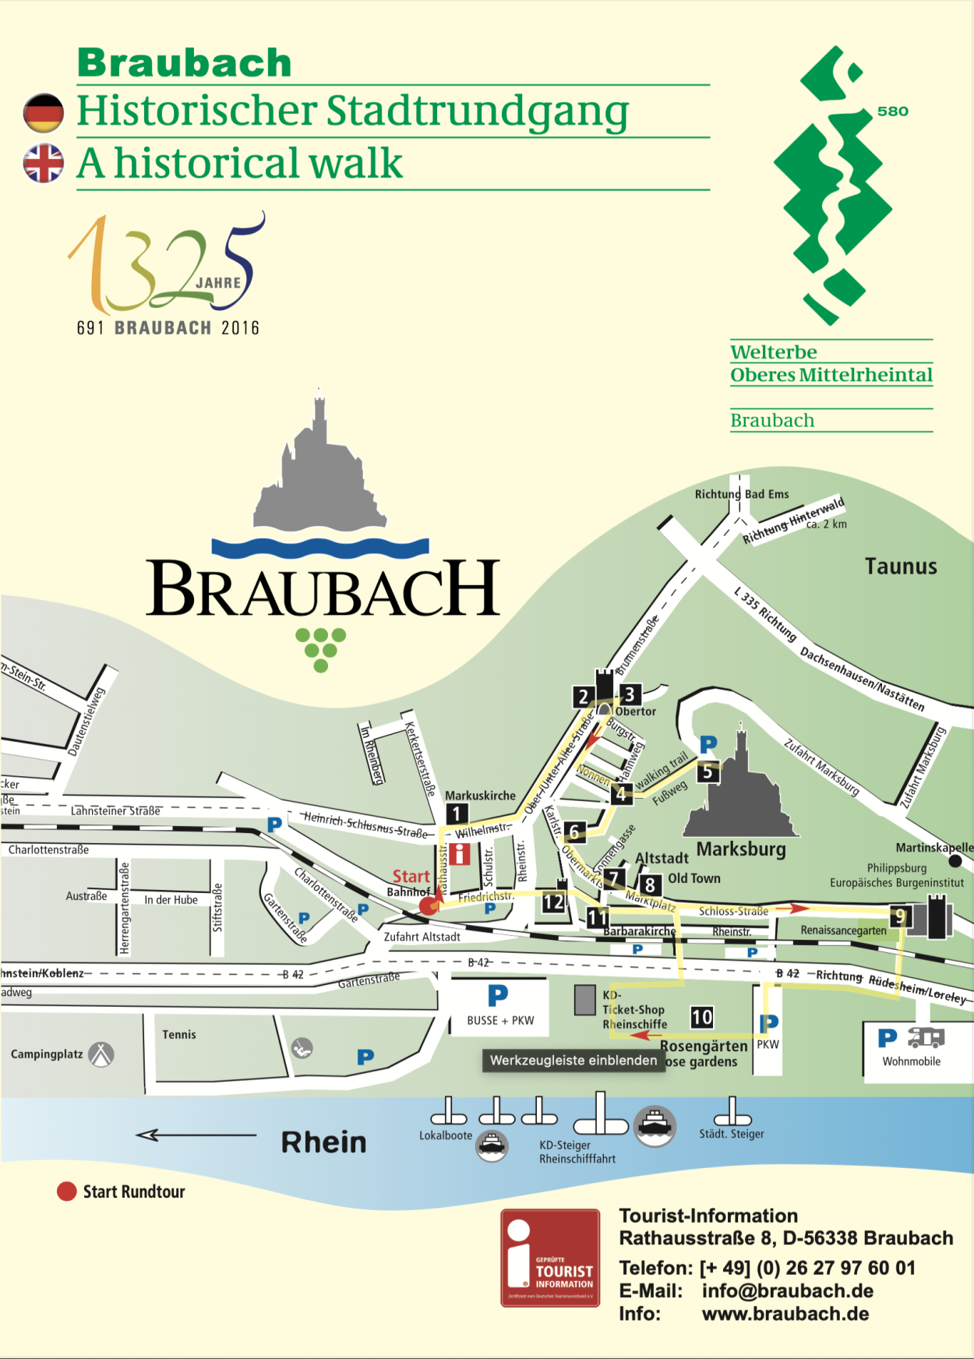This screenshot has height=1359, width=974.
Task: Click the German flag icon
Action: [44, 113]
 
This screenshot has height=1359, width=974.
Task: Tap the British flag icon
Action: [44, 164]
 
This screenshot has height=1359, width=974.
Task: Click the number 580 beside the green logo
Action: [892, 111]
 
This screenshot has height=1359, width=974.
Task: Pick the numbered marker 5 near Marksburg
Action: [708, 771]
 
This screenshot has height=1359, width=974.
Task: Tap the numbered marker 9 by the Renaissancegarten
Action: [900, 916]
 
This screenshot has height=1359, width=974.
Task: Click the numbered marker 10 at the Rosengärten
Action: [701, 1017]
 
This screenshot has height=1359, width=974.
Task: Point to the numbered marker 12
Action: [553, 902]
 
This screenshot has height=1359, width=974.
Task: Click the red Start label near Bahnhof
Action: [411, 877]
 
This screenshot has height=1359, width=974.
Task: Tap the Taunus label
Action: [901, 567]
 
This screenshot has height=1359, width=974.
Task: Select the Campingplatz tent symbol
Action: [101, 1054]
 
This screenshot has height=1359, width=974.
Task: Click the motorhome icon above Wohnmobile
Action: [926, 1038]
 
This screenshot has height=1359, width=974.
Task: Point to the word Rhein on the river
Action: [323, 1142]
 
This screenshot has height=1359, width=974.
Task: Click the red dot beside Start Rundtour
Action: [67, 1191]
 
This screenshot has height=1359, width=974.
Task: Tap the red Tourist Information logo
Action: [550, 1258]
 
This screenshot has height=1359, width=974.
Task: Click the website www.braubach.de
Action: [785, 1314]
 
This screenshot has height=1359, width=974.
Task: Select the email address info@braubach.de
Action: [787, 1291]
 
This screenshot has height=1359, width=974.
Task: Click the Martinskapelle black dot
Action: [955, 861]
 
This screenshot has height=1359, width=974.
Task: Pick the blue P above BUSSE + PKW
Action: [498, 995]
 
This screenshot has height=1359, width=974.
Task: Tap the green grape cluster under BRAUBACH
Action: [321, 650]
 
